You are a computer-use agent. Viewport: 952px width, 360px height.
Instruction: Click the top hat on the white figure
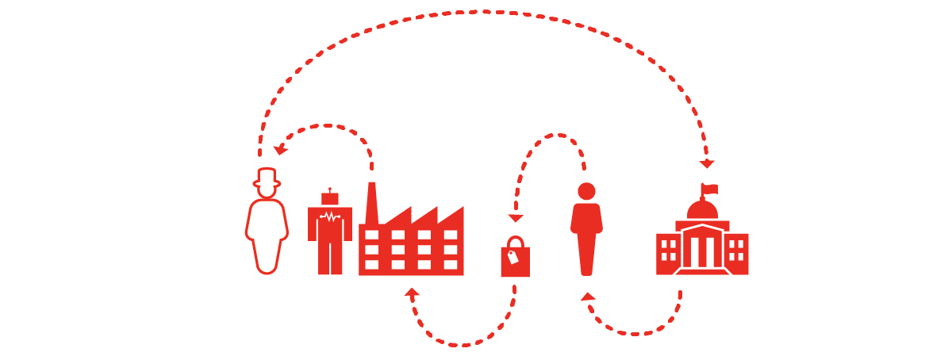pyautogui.click(x=267, y=177)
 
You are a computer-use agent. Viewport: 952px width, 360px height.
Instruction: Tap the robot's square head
pyautogui.click(x=330, y=198)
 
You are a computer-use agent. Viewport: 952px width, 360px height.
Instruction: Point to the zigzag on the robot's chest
pyautogui.click(x=330, y=216)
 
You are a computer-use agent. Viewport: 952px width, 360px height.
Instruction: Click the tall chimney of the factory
pyautogui.click(x=371, y=203)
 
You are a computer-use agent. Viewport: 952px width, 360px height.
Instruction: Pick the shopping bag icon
pyautogui.click(x=515, y=261)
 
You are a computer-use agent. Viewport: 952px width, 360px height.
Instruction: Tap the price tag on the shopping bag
pyautogui.click(x=512, y=256)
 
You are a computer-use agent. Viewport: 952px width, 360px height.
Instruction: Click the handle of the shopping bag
pyautogui.click(x=515, y=241)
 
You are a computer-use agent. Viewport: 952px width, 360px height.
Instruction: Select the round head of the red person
pyautogui.click(x=586, y=191)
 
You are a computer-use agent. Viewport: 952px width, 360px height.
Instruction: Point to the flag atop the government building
pyautogui.click(x=709, y=189)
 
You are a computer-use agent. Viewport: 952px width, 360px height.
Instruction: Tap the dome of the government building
pyautogui.click(x=702, y=210)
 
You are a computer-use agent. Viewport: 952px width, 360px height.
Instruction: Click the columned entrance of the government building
pyautogui.click(x=702, y=249)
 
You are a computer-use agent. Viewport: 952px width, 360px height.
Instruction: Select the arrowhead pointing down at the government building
pyautogui.click(x=707, y=164)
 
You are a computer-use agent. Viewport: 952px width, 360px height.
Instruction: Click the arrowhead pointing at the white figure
pyautogui.click(x=279, y=150)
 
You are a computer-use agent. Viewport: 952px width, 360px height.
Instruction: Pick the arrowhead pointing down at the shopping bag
pyautogui.click(x=516, y=218)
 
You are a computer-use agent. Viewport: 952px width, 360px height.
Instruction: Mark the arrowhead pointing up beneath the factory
pyautogui.click(x=412, y=293)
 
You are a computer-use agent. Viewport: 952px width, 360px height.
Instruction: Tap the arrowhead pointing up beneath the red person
pyautogui.click(x=588, y=297)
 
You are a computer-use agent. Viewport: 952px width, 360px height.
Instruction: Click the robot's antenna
pyautogui.click(x=330, y=190)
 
